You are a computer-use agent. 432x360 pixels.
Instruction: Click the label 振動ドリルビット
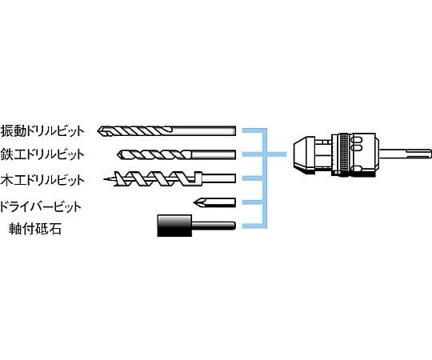(x=42, y=131)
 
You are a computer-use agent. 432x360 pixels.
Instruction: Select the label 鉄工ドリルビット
(x=42, y=154)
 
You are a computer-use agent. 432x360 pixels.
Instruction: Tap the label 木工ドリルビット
(x=42, y=180)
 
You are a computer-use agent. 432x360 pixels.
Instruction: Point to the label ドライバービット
(x=41, y=206)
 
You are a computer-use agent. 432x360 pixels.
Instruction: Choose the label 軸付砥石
(x=35, y=228)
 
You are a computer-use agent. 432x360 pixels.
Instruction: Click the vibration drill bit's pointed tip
(x=98, y=131)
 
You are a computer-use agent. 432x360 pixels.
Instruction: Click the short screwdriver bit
(x=214, y=202)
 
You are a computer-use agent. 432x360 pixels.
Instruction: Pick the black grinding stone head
(x=174, y=226)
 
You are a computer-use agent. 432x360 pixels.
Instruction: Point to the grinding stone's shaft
(x=214, y=226)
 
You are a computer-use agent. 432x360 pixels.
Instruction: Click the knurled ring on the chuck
(x=344, y=154)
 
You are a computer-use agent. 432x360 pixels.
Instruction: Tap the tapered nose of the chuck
(x=302, y=154)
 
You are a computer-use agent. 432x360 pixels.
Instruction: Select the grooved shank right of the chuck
(x=403, y=154)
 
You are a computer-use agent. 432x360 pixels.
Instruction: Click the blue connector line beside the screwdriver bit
(x=252, y=202)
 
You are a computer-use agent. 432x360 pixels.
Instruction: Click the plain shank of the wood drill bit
(x=218, y=178)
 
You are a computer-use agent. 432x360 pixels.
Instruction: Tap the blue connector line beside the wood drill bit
(x=252, y=178)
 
